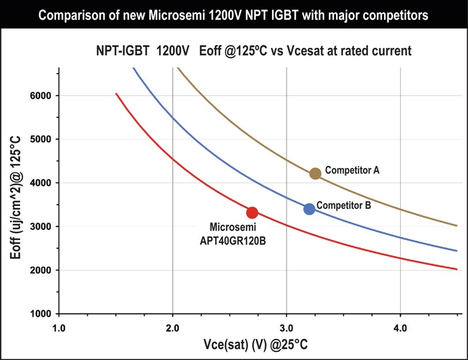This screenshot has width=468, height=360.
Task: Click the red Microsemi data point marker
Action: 252,212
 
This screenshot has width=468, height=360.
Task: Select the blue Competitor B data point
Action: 310,209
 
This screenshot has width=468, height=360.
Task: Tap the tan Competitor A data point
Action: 315,173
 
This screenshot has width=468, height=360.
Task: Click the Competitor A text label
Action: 352,170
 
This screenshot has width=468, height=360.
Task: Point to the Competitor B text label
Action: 344,205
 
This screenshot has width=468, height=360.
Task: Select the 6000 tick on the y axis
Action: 45,96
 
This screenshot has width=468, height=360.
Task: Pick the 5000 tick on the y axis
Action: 45,139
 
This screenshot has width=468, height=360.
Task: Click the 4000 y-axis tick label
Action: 45,183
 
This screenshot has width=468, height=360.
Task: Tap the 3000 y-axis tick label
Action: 45,227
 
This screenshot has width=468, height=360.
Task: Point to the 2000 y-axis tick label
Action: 45,270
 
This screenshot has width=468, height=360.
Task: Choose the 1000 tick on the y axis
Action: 45,314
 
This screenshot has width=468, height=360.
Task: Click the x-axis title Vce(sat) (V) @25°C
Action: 255,346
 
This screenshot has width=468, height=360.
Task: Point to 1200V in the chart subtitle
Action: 173,51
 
